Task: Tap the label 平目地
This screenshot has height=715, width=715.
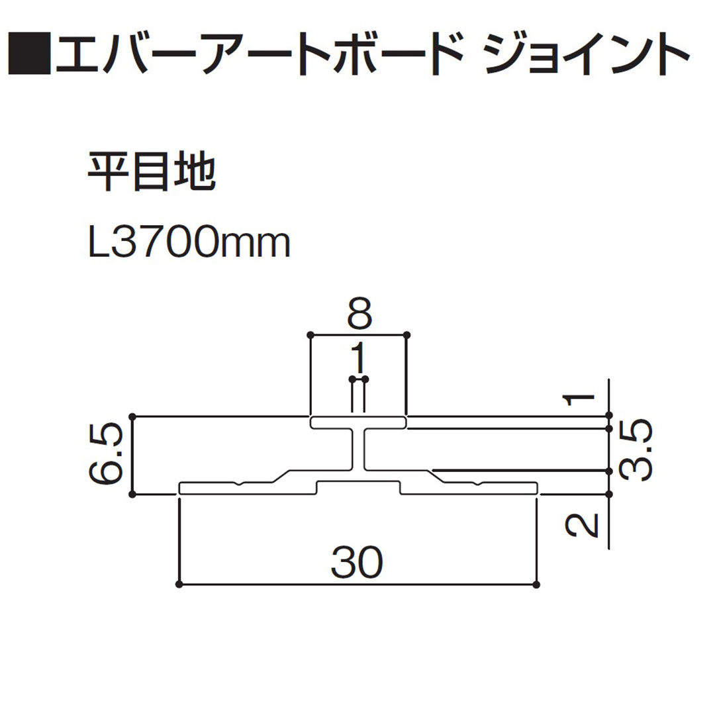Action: (152, 173)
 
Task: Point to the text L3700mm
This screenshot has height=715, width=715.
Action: (189, 244)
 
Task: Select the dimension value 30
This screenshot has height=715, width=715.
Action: (358, 563)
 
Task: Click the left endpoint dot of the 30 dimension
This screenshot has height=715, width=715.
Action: (180, 585)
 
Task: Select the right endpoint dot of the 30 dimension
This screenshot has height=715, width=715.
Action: (536, 585)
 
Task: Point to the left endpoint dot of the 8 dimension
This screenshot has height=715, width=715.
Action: (311, 335)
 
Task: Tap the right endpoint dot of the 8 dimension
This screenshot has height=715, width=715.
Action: (406, 335)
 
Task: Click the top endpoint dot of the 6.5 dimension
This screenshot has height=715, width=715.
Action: (133, 416)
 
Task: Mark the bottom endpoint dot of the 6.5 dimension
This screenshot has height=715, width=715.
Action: (133, 493)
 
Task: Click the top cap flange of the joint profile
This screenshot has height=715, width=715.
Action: (358, 422)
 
